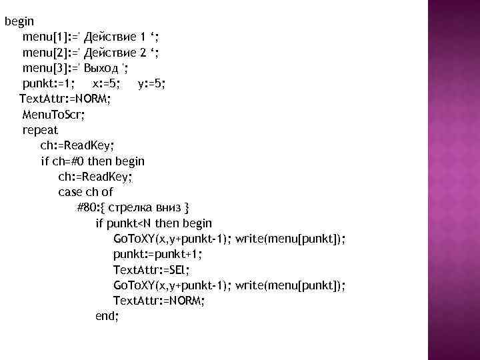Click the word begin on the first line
(19, 21)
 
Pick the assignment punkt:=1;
(49, 83)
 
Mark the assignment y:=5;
(152, 83)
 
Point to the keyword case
(69, 192)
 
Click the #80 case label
(86, 207)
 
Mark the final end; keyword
(107, 317)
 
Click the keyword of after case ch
(107, 192)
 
